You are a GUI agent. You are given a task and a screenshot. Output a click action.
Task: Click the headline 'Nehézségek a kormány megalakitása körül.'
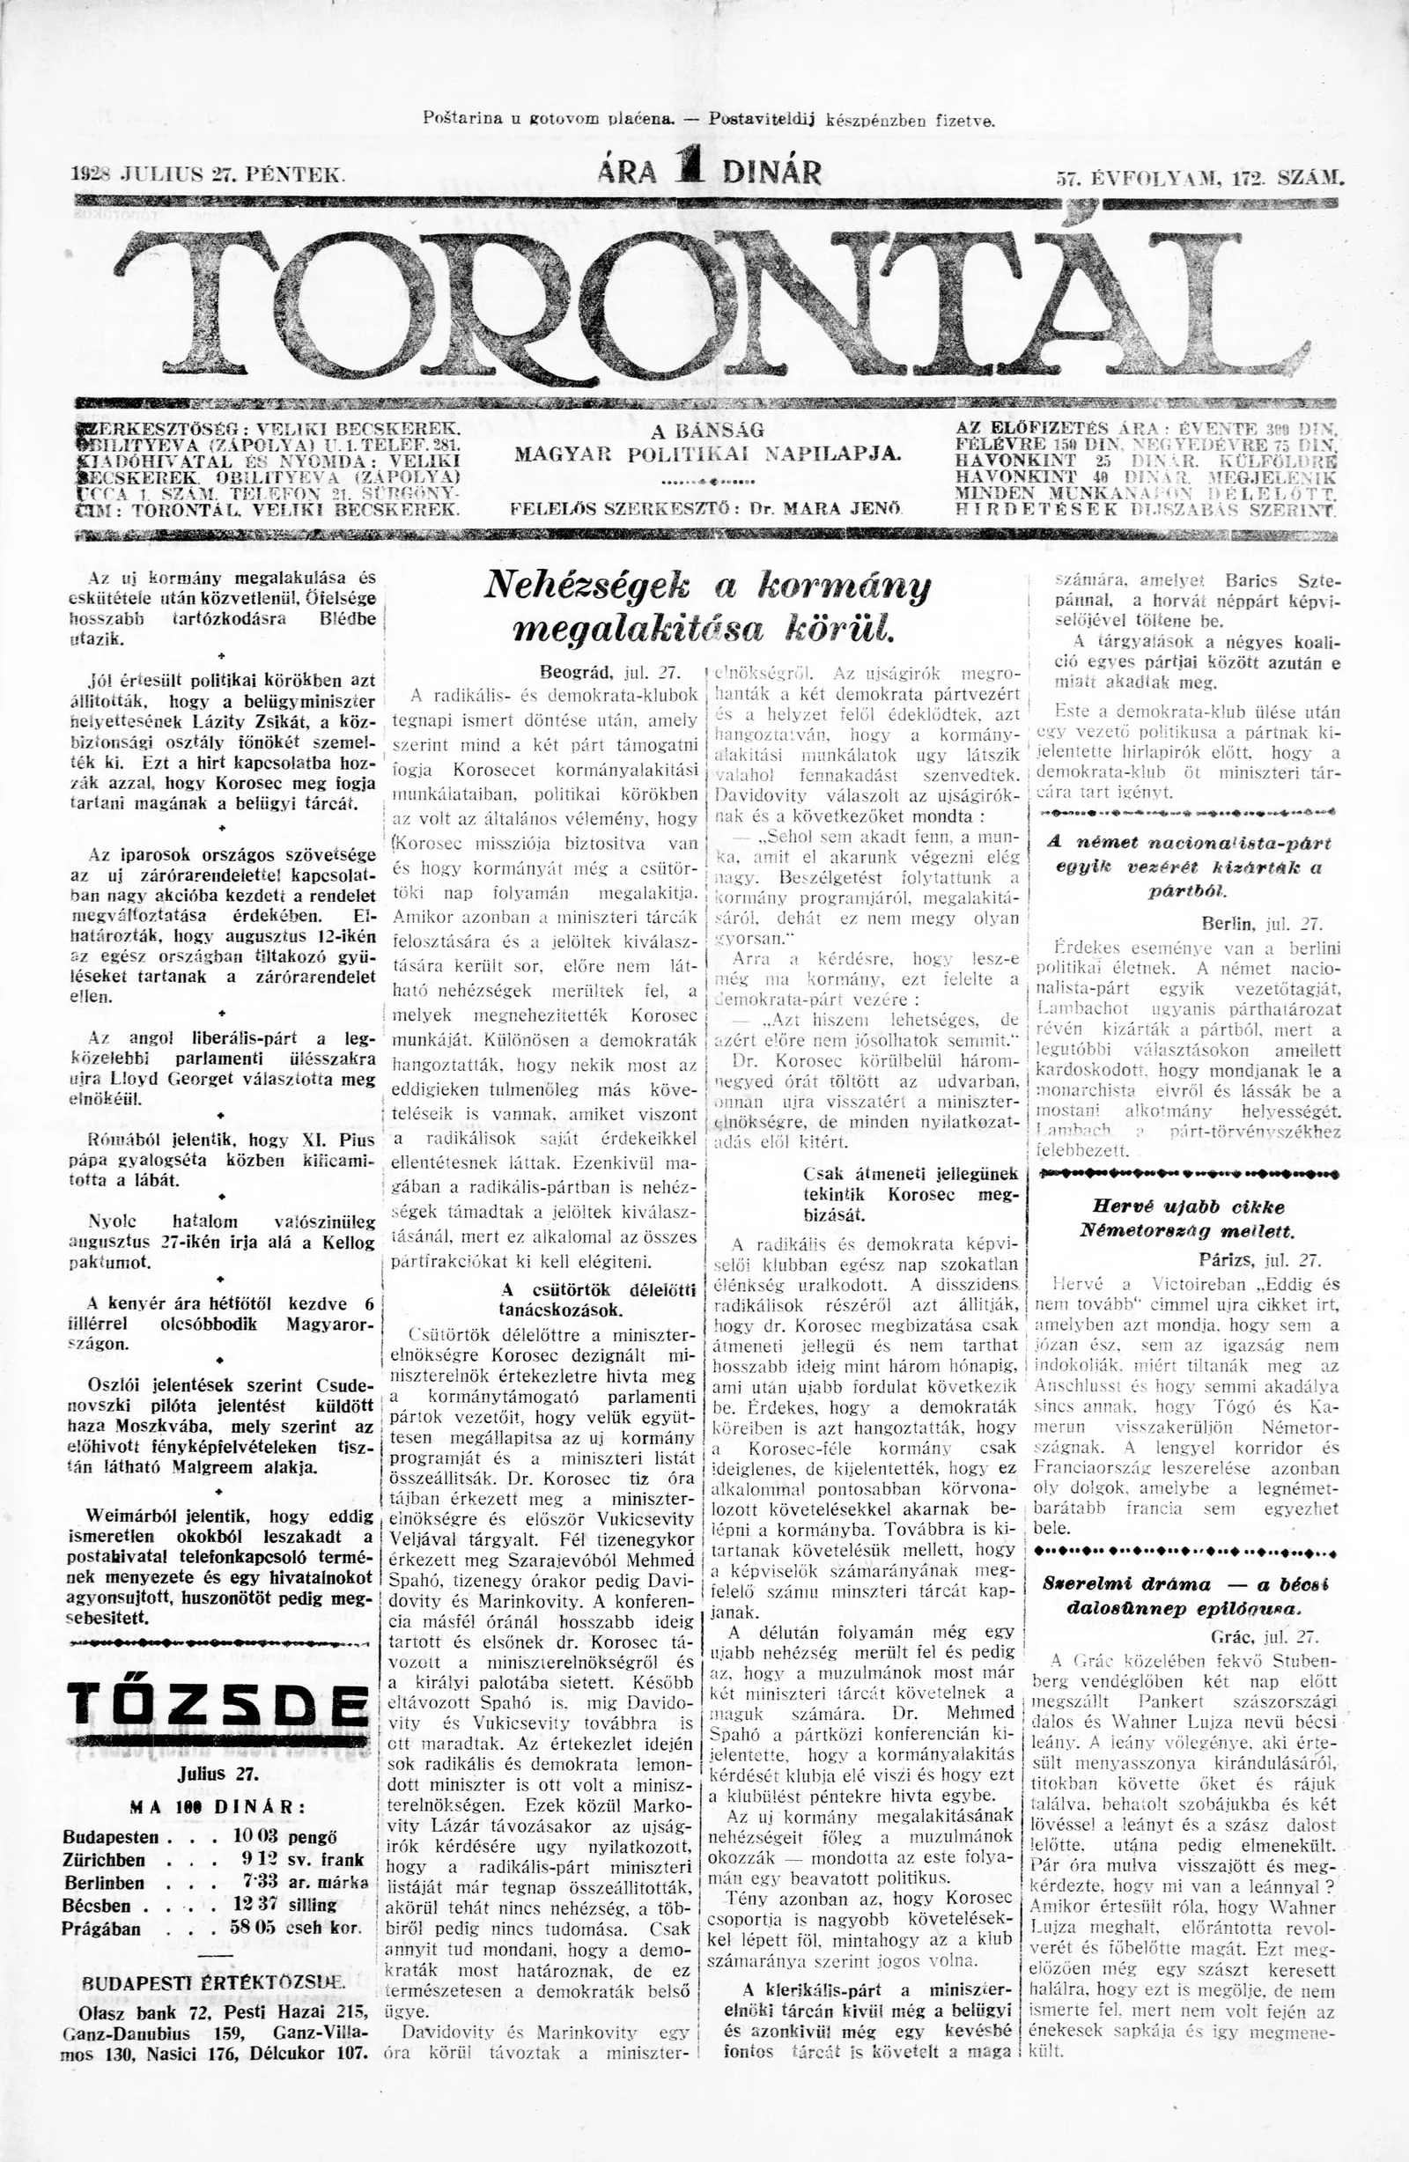[709, 606]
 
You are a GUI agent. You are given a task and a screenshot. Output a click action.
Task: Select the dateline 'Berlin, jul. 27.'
[1260, 924]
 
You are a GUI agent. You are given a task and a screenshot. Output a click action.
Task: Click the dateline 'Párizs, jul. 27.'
[1258, 1259]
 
